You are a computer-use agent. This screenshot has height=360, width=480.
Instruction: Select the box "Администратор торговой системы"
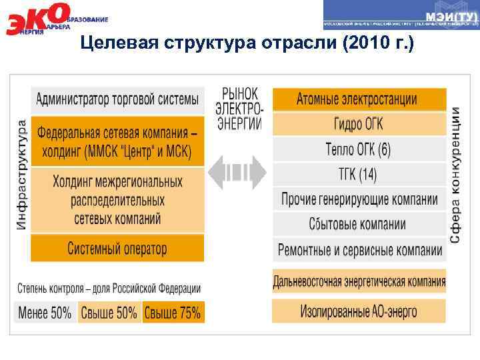tap(117, 100)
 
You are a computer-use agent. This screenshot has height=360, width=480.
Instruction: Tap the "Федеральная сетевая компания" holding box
tap(117, 142)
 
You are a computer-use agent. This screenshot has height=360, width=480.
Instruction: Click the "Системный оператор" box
tap(117, 249)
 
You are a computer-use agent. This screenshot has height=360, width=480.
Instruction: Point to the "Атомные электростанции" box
tap(359, 100)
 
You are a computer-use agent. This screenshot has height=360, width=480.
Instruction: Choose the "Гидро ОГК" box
tap(359, 124)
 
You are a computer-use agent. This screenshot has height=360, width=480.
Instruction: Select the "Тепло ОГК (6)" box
tap(359, 149)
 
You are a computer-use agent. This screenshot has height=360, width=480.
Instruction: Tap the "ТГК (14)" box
tap(359, 175)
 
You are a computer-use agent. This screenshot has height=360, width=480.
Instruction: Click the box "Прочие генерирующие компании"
tap(359, 199)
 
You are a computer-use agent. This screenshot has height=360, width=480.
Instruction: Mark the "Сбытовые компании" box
tap(359, 225)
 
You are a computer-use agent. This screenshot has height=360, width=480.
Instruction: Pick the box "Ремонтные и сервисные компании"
tap(359, 250)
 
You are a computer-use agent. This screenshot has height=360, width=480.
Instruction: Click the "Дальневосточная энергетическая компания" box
tap(359, 281)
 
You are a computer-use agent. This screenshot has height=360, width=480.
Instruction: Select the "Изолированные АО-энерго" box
tap(359, 311)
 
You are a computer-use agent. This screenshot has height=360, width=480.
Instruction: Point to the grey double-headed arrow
tap(237, 173)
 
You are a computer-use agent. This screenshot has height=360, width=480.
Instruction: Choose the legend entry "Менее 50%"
tap(45, 313)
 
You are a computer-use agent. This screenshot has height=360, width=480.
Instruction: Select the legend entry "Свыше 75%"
tap(173, 313)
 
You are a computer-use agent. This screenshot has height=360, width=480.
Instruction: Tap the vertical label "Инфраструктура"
tap(21, 175)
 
